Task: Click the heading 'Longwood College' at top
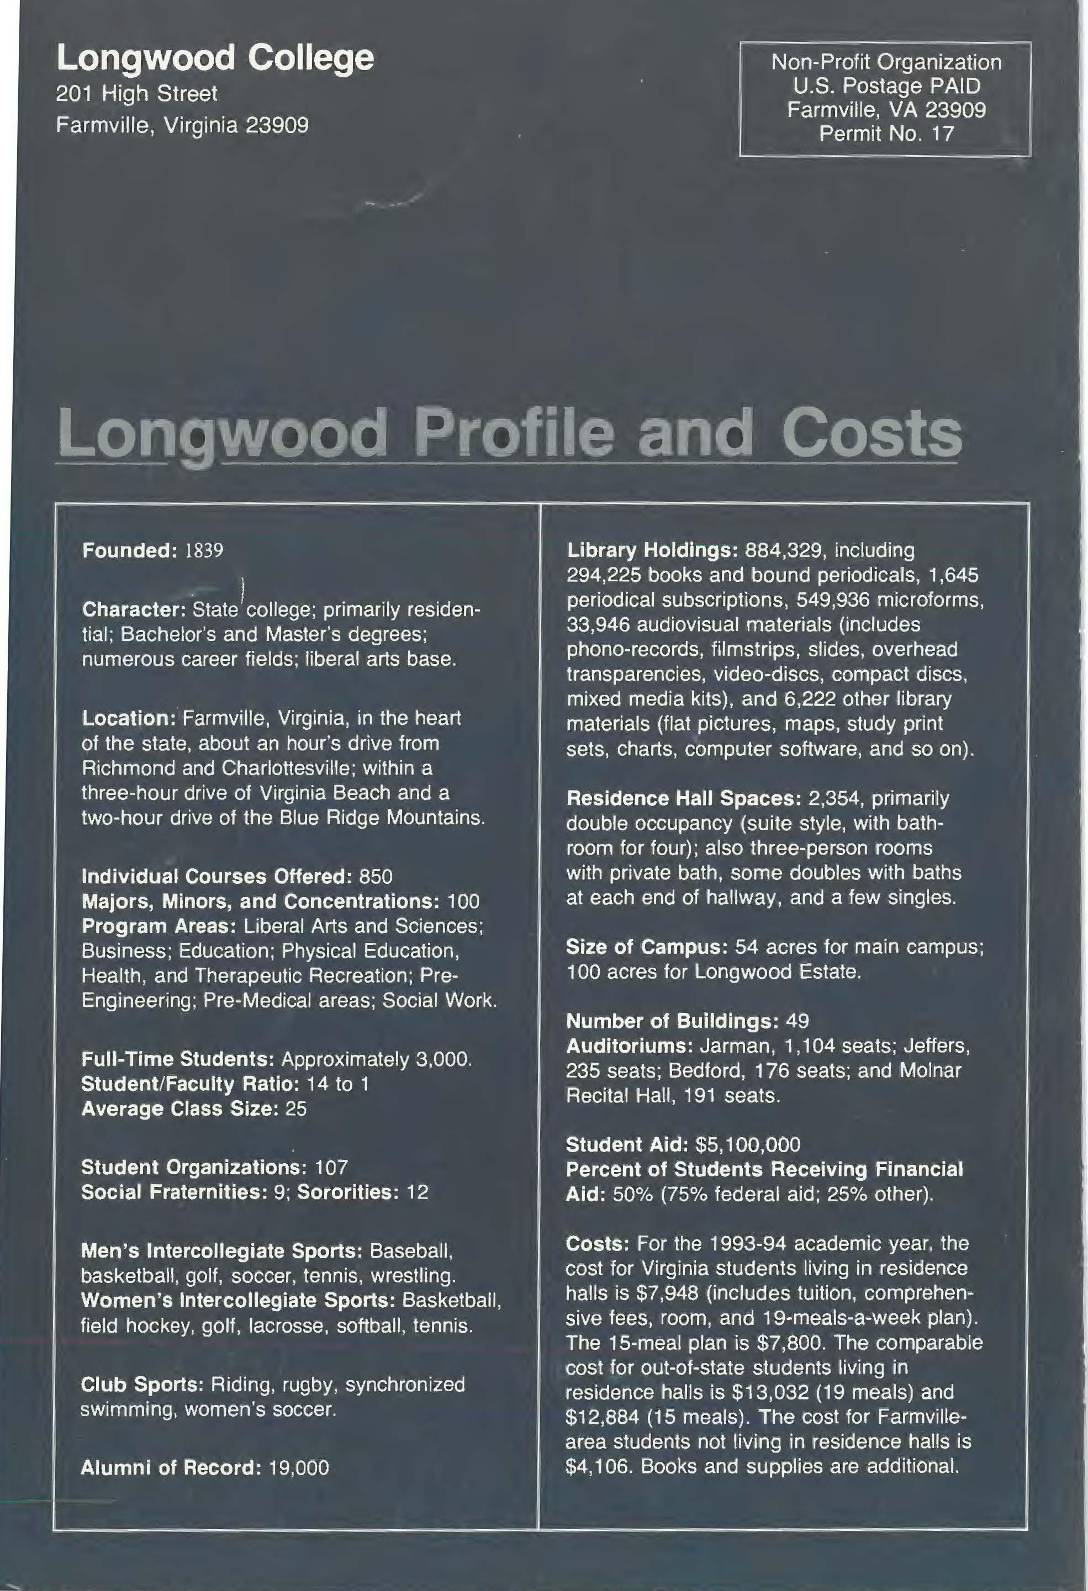(215, 59)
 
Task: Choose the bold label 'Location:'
(129, 718)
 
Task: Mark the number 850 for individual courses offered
(376, 877)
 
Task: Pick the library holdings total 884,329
(785, 550)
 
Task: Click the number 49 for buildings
(797, 1021)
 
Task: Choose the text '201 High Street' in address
(136, 94)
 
